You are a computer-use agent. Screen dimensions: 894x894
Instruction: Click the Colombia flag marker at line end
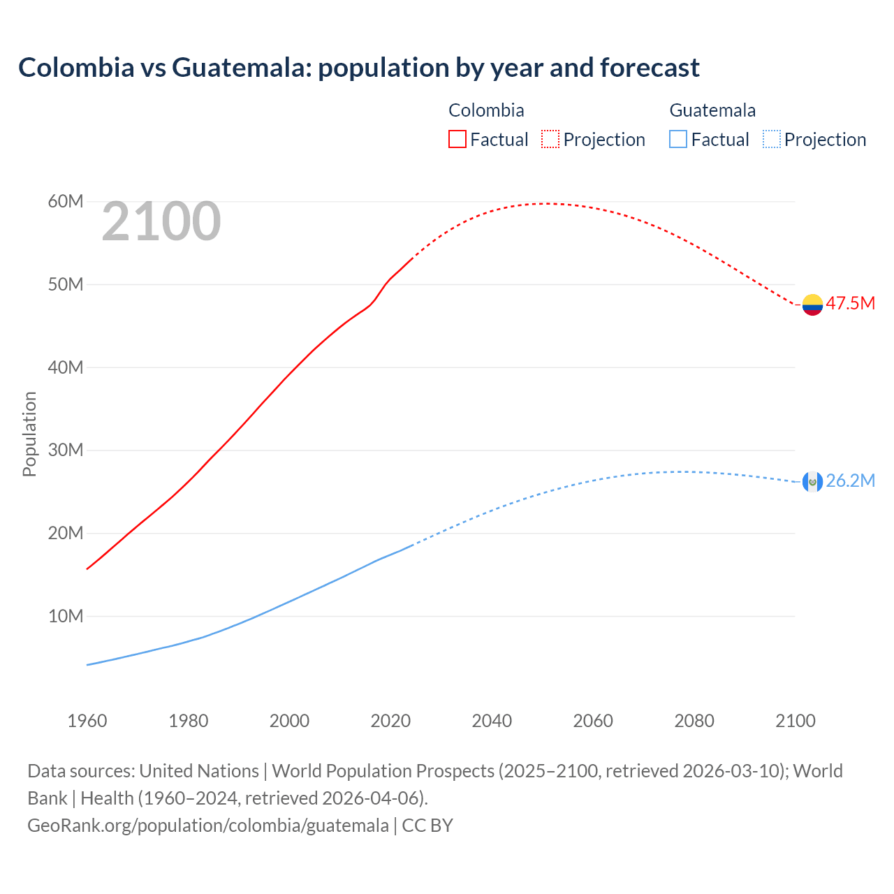pyautogui.click(x=812, y=305)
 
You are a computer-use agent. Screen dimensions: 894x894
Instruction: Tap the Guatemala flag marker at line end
pyautogui.click(x=812, y=481)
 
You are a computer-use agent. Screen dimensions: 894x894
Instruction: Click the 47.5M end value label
pyautogui.click(x=850, y=303)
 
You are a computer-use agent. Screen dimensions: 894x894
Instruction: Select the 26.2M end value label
pyautogui.click(x=850, y=481)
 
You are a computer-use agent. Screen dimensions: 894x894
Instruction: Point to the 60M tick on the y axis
pyautogui.click(x=66, y=202)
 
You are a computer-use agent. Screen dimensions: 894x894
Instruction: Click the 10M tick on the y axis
pyautogui.click(x=66, y=616)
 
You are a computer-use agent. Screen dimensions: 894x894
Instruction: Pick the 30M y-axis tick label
pyautogui.click(x=66, y=450)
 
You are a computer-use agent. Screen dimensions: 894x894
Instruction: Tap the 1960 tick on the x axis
pyautogui.click(x=87, y=721)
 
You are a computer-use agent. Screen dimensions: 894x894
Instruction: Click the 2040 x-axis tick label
pyautogui.click(x=492, y=721)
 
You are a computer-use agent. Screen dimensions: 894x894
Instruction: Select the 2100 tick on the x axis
pyautogui.click(x=796, y=721)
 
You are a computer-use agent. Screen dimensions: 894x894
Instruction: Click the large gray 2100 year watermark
pyautogui.click(x=161, y=221)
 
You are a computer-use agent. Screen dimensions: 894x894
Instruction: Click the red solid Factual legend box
pyautogui.click(x=457, y=139)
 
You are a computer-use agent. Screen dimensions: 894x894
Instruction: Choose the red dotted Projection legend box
pyautogui.click(x=550, y=139)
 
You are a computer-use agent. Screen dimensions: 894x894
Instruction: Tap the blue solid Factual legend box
pyautogui.click(x=678, y=139)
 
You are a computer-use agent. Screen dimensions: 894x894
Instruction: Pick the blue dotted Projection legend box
pyautogui.click(x=772, y=139)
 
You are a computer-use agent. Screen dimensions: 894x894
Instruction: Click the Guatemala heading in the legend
pyautogui.click(x=712, y=110)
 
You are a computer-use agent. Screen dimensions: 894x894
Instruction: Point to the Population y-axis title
pyautogui.click(x=29, y=434)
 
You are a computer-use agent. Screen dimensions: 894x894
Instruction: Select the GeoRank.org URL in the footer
pyautogui.click(x=208, y=826)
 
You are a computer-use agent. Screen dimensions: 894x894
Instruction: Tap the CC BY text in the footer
pyautogui.click(x=427, y=826)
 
